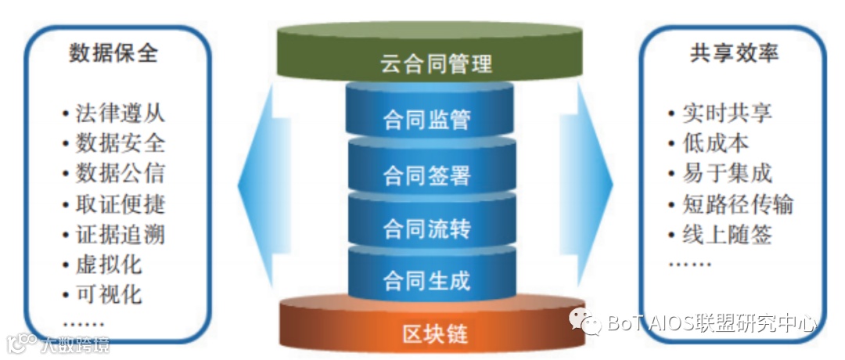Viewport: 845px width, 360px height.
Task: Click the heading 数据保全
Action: tap(113, 52)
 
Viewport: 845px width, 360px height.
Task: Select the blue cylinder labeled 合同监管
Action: tap(426, 119)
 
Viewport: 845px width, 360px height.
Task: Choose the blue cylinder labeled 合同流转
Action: tap(426, 229)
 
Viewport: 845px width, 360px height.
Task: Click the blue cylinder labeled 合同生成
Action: tap(426, 280)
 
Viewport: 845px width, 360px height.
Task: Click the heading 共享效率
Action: tap(734, 52)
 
